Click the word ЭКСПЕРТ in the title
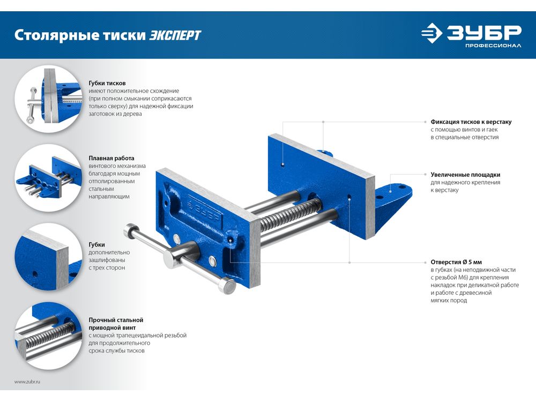pos(175,35)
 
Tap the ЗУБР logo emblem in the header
pos(431,33)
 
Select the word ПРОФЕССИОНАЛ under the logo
pos(493,46)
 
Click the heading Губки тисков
pos(107,83)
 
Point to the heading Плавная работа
pos(111,158)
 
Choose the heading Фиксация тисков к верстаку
pos(471,122)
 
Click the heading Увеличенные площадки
pos(465,175)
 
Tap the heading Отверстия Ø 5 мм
pos(456,262)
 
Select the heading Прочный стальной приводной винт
pos(116,324)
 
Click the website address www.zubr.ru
pos(27,382)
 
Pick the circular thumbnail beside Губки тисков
pos(48,99)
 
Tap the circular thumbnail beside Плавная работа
pos(48,177)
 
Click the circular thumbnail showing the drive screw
pos(48,336)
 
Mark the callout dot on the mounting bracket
pos(391,191)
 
